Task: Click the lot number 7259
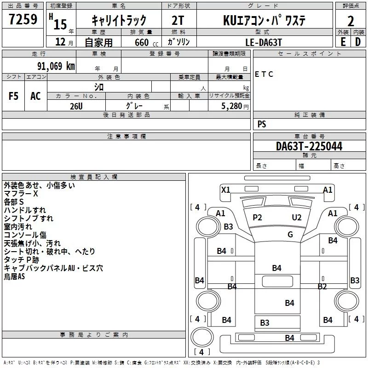pos(23,19)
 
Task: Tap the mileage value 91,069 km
pos(56,66)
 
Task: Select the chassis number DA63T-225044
pos(309,146)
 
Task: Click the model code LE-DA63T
pos(263,42)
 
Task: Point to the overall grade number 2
pos(351,21)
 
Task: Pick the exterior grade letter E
pos(343,42)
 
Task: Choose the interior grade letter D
pos(358,42)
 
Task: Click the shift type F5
pos(13,96)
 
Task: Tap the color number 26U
pos(76,106)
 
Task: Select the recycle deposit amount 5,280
pos(231,106)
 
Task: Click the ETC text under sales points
pos(264,74)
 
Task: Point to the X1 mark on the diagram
pos(225,190)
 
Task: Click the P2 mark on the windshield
pos(257,218)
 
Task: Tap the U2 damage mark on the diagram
pos(297,218)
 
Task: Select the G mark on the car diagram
pos(290,234)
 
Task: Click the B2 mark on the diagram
pos(322,286)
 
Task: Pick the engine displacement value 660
pos(142,42)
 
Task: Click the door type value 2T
pos(178,20)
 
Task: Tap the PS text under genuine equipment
pos(262,124)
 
